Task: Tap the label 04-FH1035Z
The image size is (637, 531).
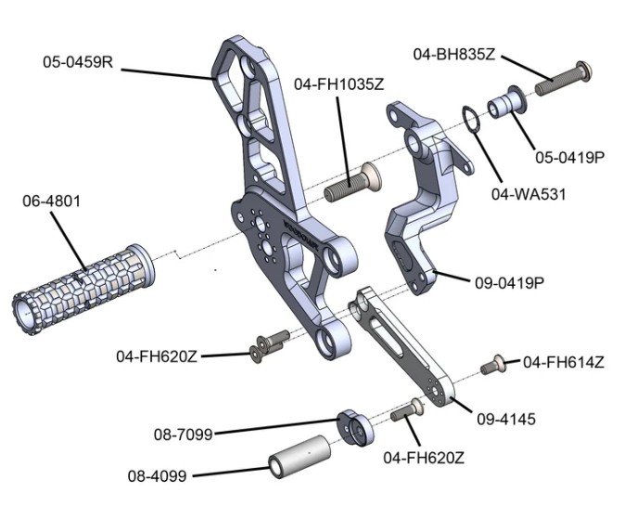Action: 338,84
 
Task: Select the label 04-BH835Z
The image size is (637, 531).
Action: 454,55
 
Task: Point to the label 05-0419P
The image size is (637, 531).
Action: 568,158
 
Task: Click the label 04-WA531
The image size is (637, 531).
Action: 528,194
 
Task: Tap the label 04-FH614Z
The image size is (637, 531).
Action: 564,362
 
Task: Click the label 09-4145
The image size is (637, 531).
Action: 504,420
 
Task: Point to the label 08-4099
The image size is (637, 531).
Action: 158,476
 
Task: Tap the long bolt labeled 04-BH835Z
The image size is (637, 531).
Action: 560,80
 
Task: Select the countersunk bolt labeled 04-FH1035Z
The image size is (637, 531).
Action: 353,184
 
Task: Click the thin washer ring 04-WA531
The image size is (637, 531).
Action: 472,121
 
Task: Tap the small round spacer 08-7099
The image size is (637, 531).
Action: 353,428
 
